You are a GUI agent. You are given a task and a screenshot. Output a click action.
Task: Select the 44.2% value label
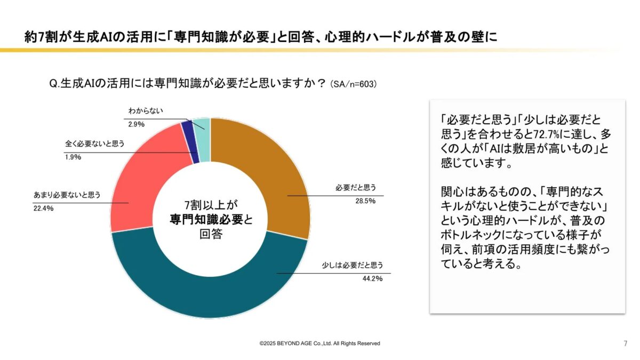coord(371,278)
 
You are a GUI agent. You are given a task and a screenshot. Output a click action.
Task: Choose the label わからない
coord(145,111)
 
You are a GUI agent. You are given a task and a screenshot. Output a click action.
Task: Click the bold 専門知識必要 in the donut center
coord(205,220)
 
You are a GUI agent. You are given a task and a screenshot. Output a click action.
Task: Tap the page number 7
coord(625,343)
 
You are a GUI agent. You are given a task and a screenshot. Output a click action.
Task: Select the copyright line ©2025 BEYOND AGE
coord(320,343)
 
